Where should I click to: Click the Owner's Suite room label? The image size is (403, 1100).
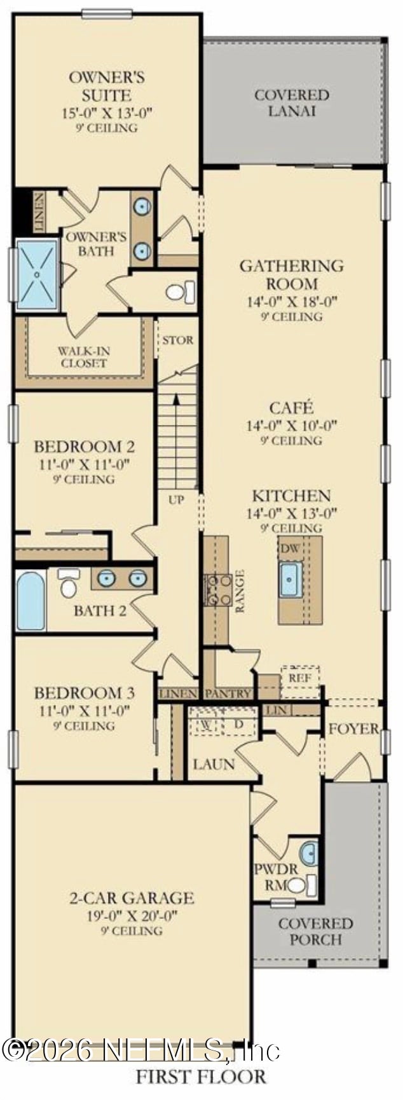tap(106, 86)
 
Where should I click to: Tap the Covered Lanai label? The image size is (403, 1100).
tap(292, 103)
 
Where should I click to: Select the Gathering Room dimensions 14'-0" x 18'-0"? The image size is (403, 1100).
tap(292, 302)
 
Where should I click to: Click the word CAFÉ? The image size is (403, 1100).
tap(291, 408)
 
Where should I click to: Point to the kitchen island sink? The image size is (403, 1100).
tap(290, 579)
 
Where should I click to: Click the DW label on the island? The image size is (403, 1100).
tap(290, 548)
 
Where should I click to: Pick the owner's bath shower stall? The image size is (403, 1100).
tap(37, 274)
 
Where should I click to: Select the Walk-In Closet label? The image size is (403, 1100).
tap(83, 357)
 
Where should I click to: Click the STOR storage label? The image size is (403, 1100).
tap(177, 340)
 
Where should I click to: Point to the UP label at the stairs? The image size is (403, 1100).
tap(176, 499)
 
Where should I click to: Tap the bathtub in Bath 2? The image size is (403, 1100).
tap(31, 600)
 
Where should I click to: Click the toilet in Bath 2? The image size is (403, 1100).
tap(68, 584)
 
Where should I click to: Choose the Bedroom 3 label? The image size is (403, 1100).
tap(85, 692)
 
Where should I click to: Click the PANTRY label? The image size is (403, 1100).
tap(228, 694)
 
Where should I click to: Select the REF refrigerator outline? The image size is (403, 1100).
tap(300, 678)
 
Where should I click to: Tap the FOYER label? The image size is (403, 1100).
tap(353, 728)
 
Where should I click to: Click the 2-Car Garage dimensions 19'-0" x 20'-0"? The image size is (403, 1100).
tap(132, 915)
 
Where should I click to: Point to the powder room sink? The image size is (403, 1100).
tap(308, 854)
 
